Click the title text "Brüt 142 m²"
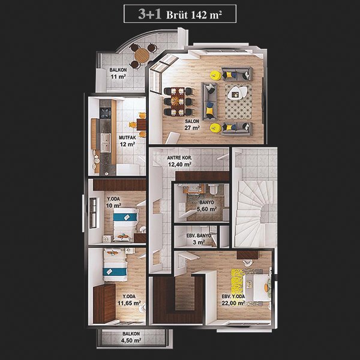[x=194, y=14]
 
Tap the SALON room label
[x=192, y=124]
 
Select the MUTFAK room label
[x=127, y=141]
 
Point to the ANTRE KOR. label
[x=179, y=161]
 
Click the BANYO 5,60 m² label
[x=206, y=206]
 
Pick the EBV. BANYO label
[x=199, y=239]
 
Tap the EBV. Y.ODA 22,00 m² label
[x=233, y=300]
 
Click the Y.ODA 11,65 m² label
[x=129, y=300]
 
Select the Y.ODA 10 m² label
[x=113, y=202]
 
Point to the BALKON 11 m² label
[x=118, y=73]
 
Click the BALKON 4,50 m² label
[x=131, y=337]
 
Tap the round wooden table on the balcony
[x=142, y=55]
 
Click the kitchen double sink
[x=106, y=143]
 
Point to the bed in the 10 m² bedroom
[x=125, y=224]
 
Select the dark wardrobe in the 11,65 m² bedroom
[x=104, y=303]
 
